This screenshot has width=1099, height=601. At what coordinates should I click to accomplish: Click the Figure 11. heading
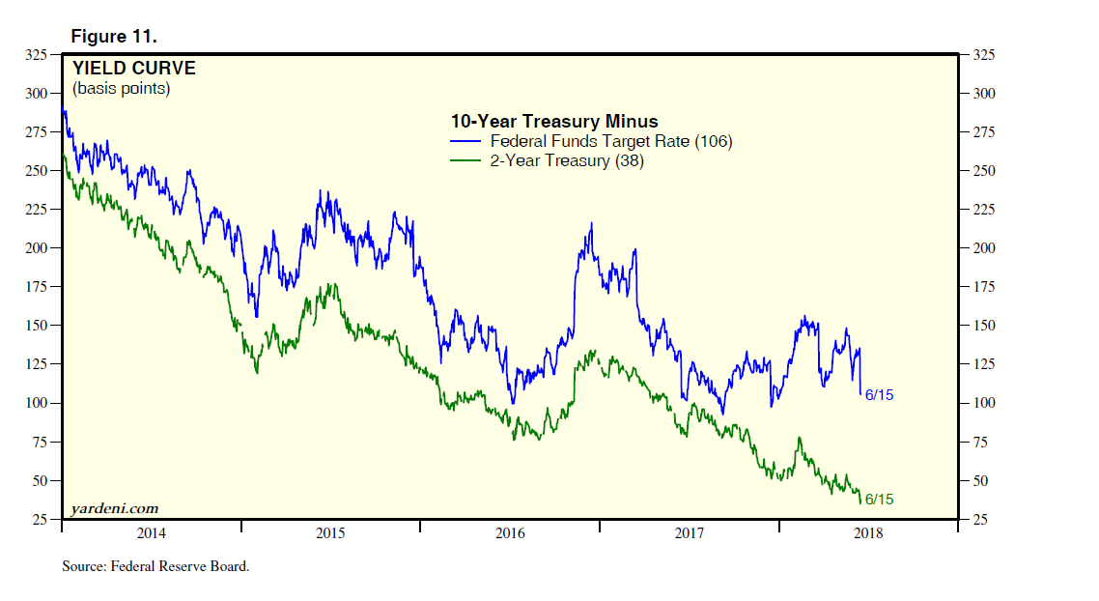coord(113,37)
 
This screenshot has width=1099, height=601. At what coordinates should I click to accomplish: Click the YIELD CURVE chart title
coord(133,69)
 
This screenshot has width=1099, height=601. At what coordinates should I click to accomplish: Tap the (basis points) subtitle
coord(121,89)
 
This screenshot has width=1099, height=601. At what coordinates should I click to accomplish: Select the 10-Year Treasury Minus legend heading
coord(553,122)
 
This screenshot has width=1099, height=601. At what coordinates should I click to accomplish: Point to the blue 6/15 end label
coord(879,395)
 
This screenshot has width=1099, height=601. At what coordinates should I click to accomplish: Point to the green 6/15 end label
coord(879,500)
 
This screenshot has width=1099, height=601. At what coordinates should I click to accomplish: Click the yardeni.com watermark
coord(115,508)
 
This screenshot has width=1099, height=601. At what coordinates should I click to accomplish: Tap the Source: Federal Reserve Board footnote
coord(155,566)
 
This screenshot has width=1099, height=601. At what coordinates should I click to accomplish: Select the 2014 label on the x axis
coord(152,533)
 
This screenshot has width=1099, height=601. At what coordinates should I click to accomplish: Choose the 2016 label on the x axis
coord(509,533)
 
